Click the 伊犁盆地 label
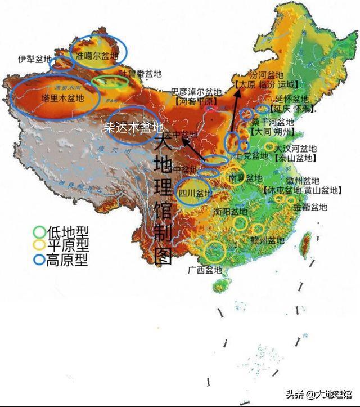34,59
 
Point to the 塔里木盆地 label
62,97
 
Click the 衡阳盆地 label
231,211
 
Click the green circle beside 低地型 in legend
39,231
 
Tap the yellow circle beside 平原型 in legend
39,245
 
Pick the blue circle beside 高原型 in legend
39,260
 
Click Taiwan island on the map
307,243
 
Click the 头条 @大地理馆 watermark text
318,393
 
